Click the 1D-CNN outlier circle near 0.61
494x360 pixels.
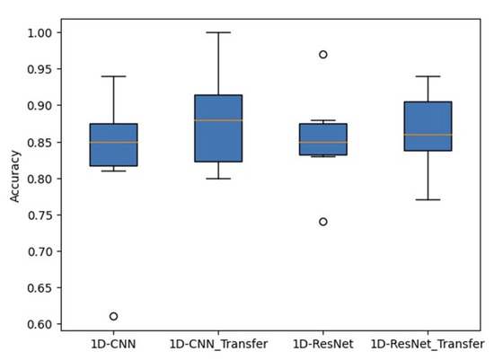(113, 316)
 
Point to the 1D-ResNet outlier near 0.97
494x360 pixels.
(323, 54)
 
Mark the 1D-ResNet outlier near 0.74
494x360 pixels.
(323, 221)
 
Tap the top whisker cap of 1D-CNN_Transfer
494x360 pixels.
(218, 32)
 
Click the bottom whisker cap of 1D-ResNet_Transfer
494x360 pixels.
(428, 199)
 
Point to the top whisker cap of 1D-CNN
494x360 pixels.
(113, 76)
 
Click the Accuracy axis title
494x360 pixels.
(15, 178)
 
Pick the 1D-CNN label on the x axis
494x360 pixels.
(113, 344)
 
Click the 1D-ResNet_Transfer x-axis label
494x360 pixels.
(428, 344)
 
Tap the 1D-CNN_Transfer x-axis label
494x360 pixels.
(218, 344)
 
